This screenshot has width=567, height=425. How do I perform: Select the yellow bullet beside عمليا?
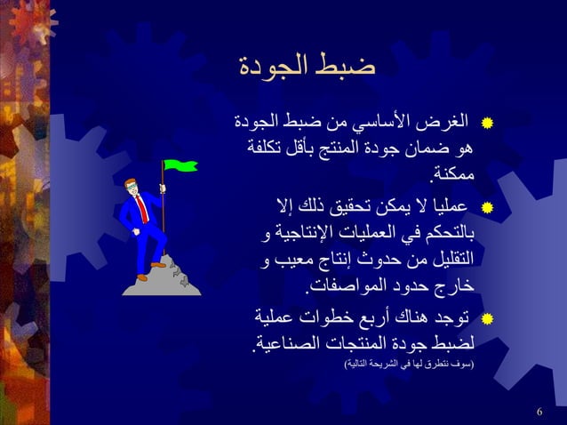[x=486, y=210]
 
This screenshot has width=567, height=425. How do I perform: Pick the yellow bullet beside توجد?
[x=486, y=317]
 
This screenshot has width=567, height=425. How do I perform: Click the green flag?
[x=180, y=165]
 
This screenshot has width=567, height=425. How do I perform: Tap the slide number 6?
[x=540, y=411]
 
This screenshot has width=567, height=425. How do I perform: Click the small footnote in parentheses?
[x=408, y=365]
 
